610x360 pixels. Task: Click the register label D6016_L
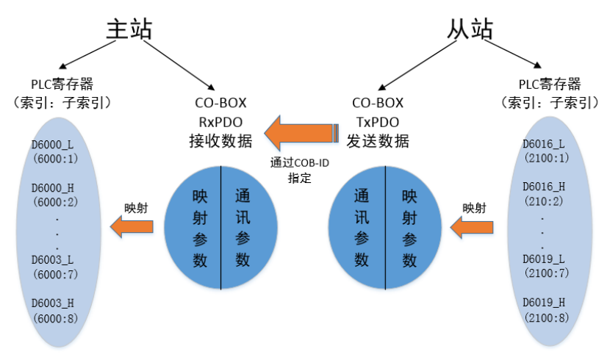545,145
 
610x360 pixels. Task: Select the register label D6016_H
545,187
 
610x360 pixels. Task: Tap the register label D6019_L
545,259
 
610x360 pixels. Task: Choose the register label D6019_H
545,302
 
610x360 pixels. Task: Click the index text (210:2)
545,201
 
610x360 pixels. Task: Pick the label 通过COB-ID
298,163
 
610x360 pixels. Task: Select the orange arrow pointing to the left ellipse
132,228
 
